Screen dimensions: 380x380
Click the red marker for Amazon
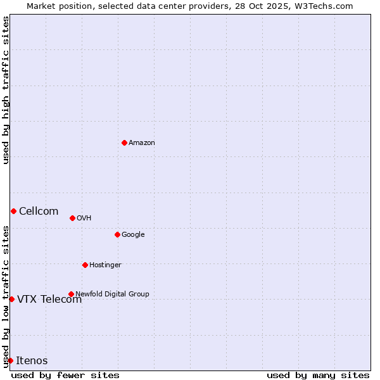pyautogui.click(x=124, y=142)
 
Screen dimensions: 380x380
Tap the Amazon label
pyautogui.click(x=141, y=143)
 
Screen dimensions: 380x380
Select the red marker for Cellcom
pyautogui.click(x=13, y=211)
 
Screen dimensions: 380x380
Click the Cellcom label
pyautogui.click(x=39, y=212)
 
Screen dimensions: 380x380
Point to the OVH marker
pyautogui.click(x=72, y=218)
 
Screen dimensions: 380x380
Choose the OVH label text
pyautogui.click(x=84, y=218)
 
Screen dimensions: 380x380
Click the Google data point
pyautogui.click(x=117, y=234)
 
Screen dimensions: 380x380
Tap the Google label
pyautogui.click(x=133, y=235)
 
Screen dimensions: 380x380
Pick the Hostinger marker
pyautogui.click(x=85, y=265)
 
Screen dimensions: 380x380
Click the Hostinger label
pyautogui.click(x=105, y=265)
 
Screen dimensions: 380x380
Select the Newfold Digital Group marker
pyautogui.click(x=71, y=294)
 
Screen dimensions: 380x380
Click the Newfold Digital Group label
pyautogui.click(x=112, y=294)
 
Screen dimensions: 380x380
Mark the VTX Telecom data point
pyautogui.click(x=11, y=299)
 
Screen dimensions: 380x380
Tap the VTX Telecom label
pyautogui.click(x=49, y=300)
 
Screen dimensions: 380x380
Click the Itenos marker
pyautogui.click(x=10, y=360)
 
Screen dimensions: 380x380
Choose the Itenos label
pyautogui.click(x=32, y=361)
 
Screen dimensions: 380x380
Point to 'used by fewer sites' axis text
pyautogui.click(x=65, y=375)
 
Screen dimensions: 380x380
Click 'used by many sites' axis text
pyautogui.click(x=318, y=375)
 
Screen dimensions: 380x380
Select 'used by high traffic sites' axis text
pyautogui.click(x=6, y=90)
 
